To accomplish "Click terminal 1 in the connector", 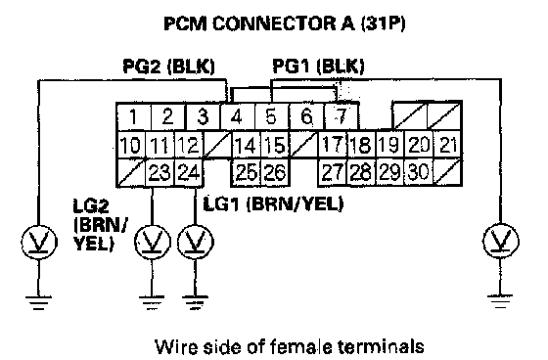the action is click(x=133, y=116).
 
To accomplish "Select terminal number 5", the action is click(x=272, y=116).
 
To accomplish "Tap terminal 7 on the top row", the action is click(x=342, y=116).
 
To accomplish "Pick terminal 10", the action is click(x=131, y=145).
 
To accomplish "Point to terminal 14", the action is click(x=246, y=145).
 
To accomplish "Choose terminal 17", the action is click(x=333, y=145).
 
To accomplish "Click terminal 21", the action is click(x=448, y=145).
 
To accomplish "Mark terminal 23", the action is click(x=160, y=172).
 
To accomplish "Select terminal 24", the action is click(x=188, y=172).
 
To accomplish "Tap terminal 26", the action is click(x=275, y=172).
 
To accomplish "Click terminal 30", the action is click(x=419, y=172).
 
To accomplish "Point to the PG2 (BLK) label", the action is click(x=168, y=67).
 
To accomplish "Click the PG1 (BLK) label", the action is click(x=318, y=67).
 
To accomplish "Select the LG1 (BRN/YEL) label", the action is click(x=273, y=203).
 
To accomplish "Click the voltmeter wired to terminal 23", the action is click(x=153, y=242).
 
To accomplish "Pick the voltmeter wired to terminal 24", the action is click(x=195, y=242).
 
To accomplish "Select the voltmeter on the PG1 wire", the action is click(x=500, y=241).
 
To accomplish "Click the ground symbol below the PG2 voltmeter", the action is click(x=39, y=302).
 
